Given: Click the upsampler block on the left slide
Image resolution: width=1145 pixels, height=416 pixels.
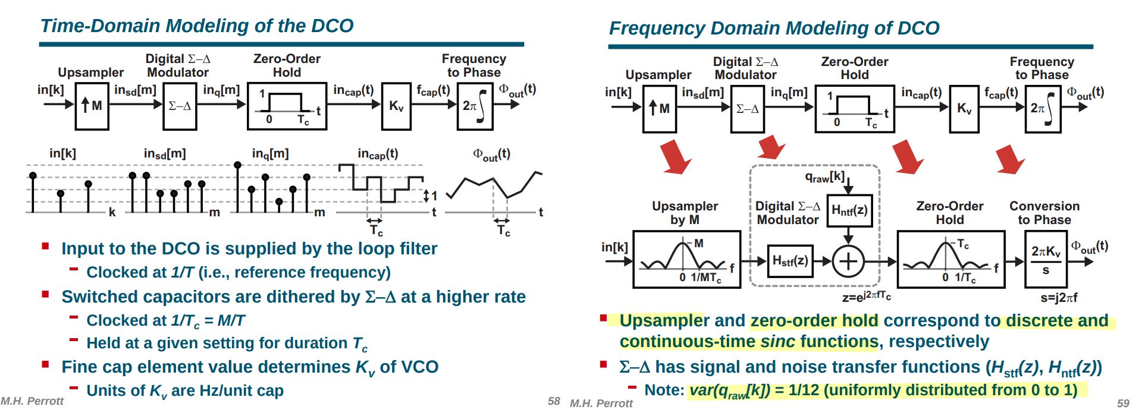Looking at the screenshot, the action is (x=92, y=106).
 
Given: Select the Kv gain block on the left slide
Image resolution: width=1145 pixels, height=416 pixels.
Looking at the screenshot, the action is (x=396, y=106).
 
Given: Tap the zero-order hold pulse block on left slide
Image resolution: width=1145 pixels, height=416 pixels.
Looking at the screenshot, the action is (x=287, y=106).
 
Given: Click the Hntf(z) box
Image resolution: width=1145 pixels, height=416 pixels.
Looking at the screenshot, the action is (x=849, y=210).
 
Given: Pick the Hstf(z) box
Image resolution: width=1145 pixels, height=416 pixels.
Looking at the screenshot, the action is (x=790, y=261).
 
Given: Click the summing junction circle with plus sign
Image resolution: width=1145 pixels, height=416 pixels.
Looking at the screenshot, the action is (x=848, y=261).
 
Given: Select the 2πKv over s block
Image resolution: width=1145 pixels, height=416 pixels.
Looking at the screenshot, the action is (x=1046, y=259).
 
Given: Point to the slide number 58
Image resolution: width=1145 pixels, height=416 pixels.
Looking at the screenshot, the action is (x=554, y=401).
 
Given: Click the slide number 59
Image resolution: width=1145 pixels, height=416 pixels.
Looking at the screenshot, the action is (x=1123, y=403).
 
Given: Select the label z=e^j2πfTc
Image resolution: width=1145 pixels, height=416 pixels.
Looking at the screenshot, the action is (x=866, y=296).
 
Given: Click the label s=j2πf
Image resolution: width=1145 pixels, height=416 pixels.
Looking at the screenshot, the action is (x=1059, y=297).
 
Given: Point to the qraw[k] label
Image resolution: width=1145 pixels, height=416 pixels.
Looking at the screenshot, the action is (x=825, y=177).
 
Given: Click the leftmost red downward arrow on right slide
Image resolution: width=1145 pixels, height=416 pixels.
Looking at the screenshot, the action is (x=676, y=157).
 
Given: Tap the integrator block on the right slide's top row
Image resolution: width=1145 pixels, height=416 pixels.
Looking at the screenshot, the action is (x=1043, y=109).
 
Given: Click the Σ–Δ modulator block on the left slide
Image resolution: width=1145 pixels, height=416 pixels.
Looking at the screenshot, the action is (x=180, y=106).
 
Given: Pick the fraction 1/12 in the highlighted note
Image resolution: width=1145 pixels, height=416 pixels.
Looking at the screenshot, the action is (x=804, y=390).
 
